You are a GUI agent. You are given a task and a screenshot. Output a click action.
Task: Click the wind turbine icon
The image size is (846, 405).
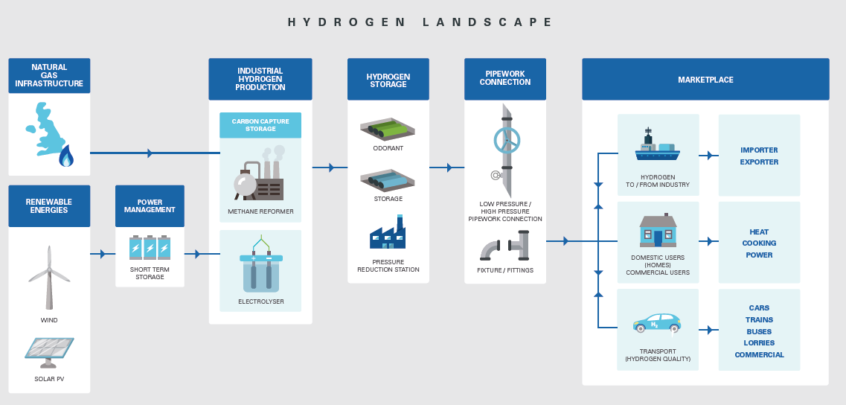(x=49, y=277)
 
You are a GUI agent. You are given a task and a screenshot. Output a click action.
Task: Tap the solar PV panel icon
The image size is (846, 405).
(x=49, y=352)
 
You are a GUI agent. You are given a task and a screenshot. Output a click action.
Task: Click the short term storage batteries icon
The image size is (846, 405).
(x=150, y=247)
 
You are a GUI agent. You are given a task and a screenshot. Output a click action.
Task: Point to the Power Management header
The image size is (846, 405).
(x=150, y=205)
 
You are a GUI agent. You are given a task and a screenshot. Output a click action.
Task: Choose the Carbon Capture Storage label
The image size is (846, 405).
(x=260, y=124)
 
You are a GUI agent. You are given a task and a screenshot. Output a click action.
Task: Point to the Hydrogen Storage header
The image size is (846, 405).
(x=388, y=80)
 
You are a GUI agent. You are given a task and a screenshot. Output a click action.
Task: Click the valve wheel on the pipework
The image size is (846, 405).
(x=507, y=140)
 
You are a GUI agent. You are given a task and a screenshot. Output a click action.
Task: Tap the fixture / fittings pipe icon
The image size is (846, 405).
(x=504, y=246)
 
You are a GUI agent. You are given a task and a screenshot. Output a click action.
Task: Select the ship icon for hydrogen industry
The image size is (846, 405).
(x=658, y=147)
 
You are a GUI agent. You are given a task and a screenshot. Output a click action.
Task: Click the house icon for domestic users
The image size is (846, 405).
(x=658, y=231)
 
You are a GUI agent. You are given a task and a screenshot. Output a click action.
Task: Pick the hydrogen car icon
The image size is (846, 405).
(x=658, y=323)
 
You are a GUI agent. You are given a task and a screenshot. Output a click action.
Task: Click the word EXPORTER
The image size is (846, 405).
(x=759, y=162)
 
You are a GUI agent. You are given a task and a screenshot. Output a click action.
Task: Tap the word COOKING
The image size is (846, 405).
(x=759, y=243)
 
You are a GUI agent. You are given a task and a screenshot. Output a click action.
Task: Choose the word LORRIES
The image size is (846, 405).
(x=759, y=343)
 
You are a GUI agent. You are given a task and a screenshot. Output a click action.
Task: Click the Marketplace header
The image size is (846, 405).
(x=705, y=80)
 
